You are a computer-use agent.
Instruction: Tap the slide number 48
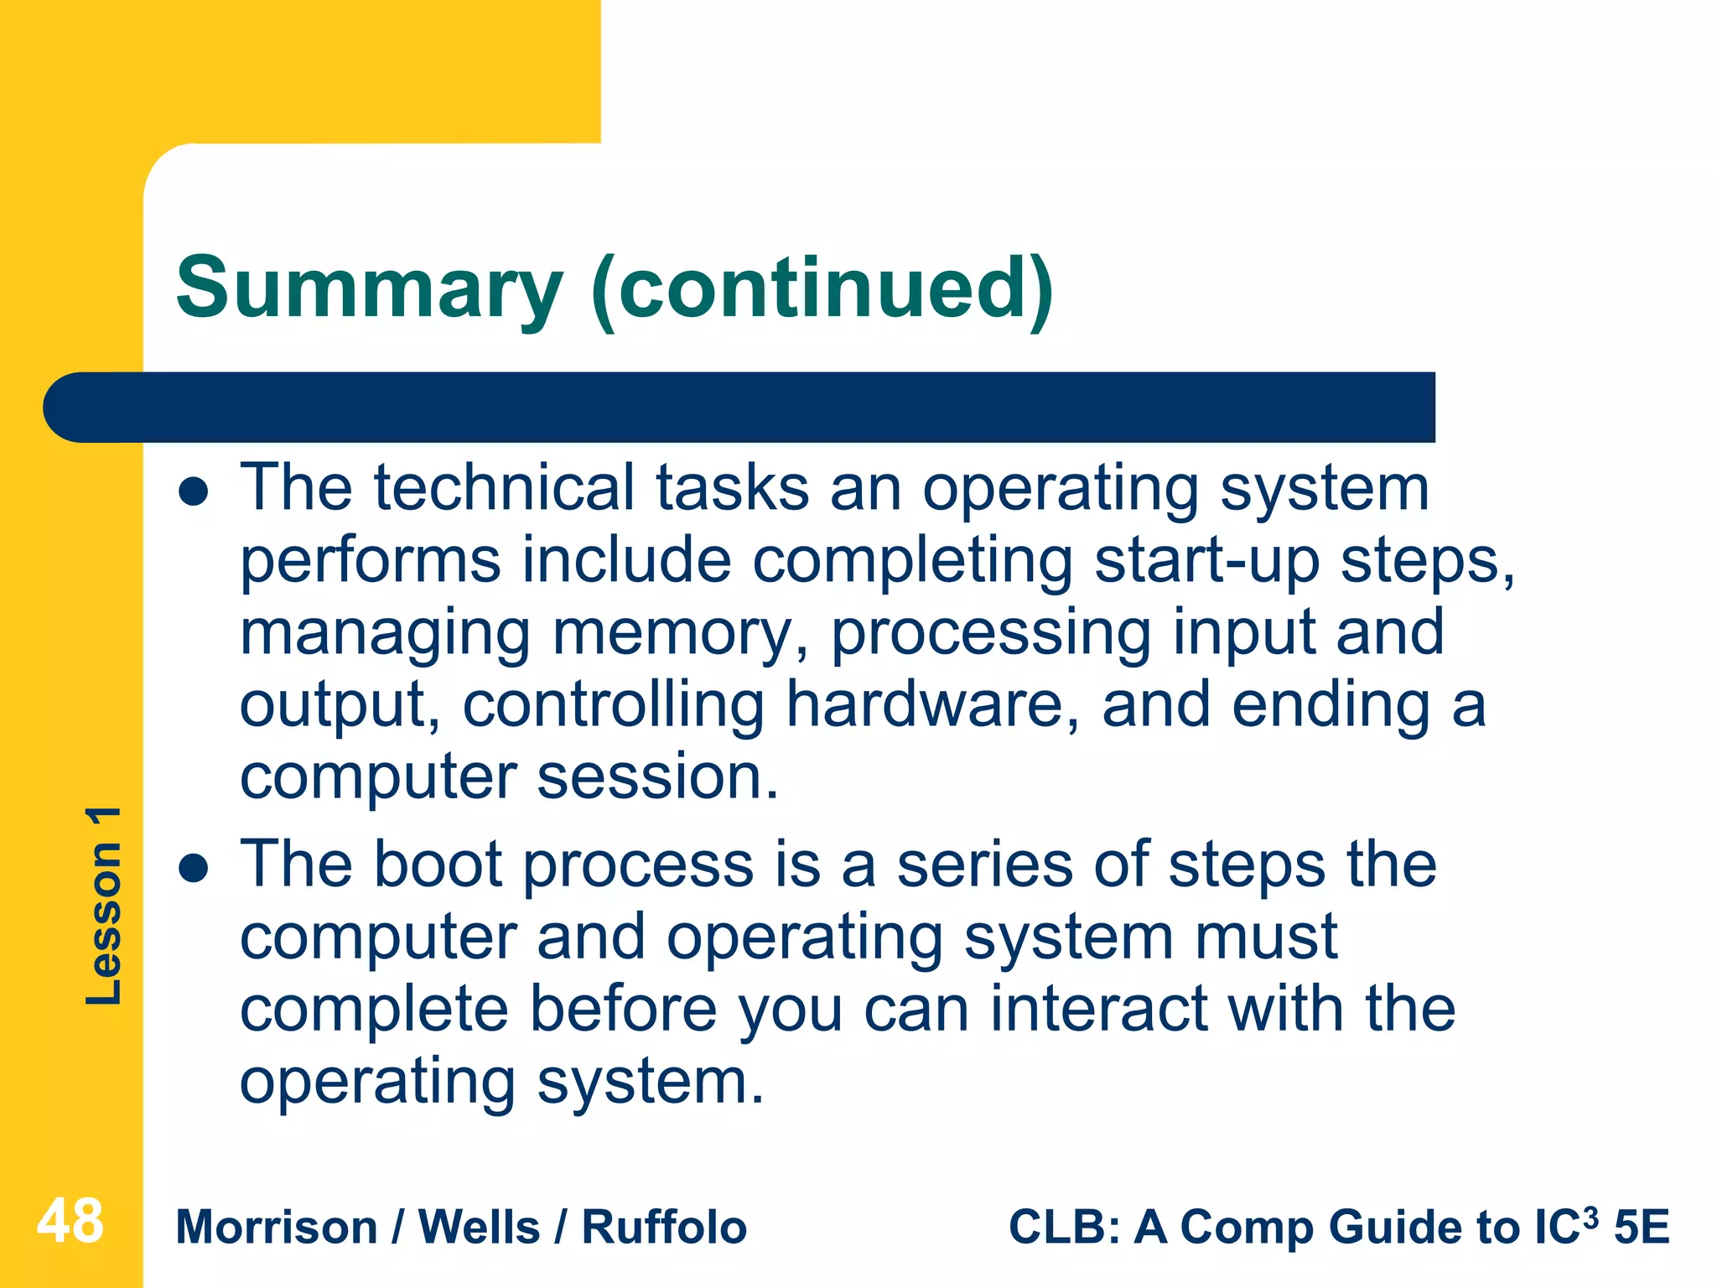[x=70, y=1221]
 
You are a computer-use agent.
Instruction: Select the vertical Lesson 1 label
[x=104, y=906]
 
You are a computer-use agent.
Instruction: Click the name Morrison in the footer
[x=277, y=1228]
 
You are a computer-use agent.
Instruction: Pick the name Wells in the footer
[x=479, y=1228]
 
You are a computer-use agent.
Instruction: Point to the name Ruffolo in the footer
[x=664, y=1228]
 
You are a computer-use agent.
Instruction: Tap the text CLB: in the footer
[x=1064, y=1228]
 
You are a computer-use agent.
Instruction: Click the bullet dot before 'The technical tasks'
[x=194, y=492]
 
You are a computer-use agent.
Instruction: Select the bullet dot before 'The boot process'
[x=194, y=869]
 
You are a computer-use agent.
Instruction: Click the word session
[x=658, y=776]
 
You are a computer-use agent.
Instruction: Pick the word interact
[x=1099, y=1009]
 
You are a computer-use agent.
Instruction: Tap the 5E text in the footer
[x=1642, y=1228]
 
